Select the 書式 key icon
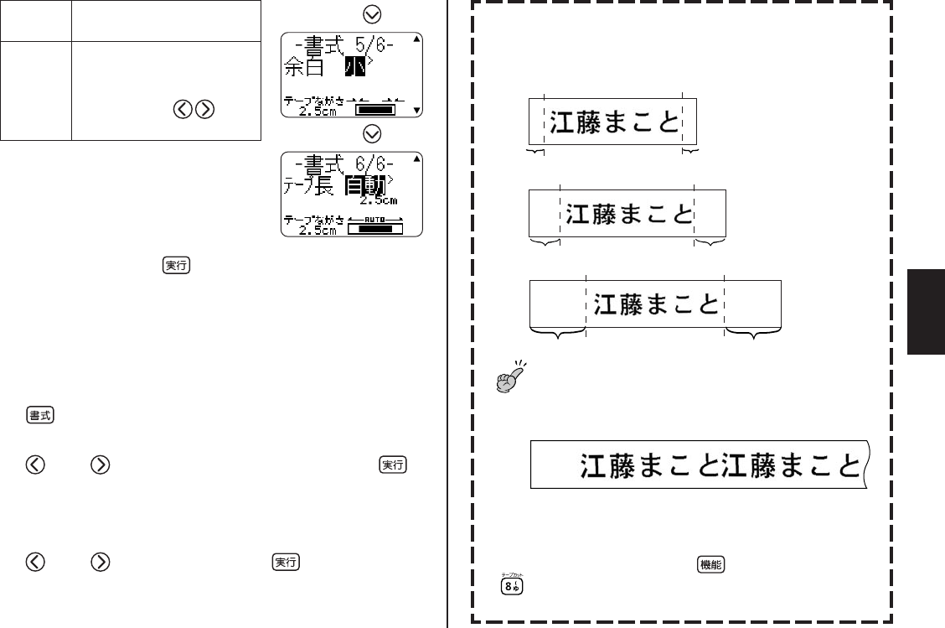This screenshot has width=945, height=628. [x=36, y=417]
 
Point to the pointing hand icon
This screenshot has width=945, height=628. [x=510, y=376]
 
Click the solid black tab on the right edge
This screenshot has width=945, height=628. [x=925, y=312]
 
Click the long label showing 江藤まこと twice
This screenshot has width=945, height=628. [x=700, y=465]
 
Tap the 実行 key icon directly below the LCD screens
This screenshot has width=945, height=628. [x=177, y=265]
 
